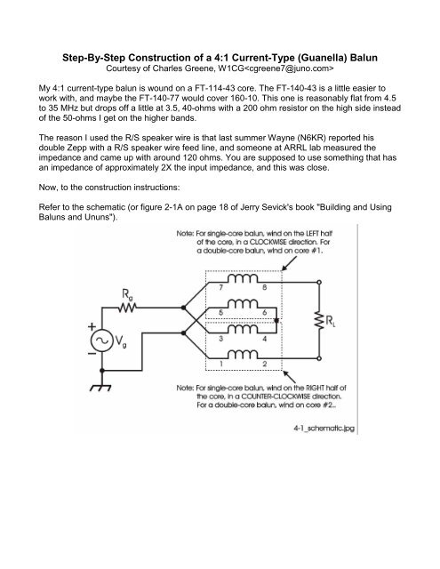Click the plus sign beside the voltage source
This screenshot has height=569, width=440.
[104, 330]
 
